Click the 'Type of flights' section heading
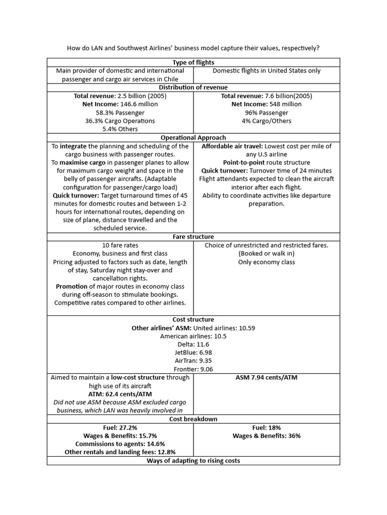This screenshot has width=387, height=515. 193,62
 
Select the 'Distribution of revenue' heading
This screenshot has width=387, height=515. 193,88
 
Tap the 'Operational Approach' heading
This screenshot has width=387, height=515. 193,137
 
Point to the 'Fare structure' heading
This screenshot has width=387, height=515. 193,236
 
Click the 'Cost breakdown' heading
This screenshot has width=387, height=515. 193,419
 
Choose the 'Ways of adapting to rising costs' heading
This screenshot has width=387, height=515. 193,461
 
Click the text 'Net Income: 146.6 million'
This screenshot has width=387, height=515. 120,104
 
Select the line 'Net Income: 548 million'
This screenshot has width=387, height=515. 266,104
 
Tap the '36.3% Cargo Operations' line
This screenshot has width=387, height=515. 120,121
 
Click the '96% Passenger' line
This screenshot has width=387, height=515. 266,113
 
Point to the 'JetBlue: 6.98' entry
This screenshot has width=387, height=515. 193,353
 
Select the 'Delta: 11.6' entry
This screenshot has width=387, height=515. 193,345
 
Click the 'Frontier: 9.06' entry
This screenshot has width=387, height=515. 193,369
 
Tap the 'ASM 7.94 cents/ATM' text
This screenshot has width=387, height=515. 266,378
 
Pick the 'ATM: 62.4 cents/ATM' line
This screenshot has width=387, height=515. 120,394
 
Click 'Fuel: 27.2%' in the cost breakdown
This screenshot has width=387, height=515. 120,427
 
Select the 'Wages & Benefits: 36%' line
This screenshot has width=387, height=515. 266,436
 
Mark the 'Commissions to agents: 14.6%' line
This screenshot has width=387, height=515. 120,444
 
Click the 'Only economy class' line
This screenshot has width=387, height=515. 266,262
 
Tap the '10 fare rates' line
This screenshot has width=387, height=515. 120,245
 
